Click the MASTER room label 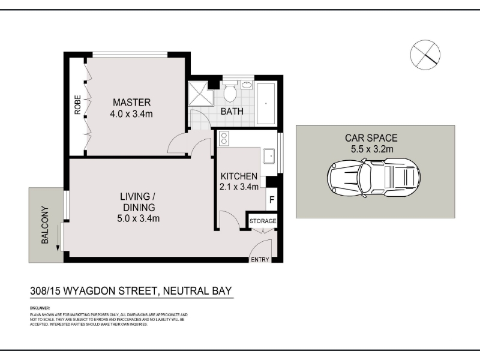coord(131,102)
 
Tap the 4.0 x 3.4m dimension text coord(131,114)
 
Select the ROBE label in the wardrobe coord(78,105)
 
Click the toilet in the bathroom coord(230,91)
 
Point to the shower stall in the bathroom coord(200,94)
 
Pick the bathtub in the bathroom coord(266,103)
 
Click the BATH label coord(232,112)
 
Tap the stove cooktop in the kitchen coord(224,138)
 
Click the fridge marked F coord(272,200)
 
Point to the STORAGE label coord(263,221)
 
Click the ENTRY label coord(260,260)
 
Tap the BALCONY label coord(45,225)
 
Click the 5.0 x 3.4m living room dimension coord(139,218)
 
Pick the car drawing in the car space coord(374,178)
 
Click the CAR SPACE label coord(371,138)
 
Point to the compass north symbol coord(425,55)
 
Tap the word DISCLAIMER coord(40,308)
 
